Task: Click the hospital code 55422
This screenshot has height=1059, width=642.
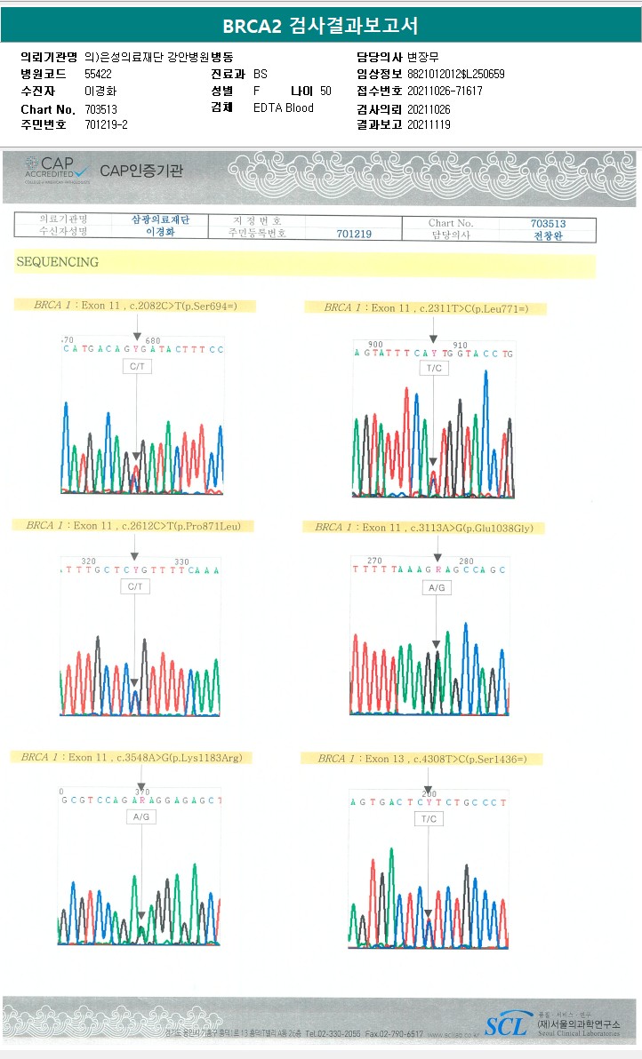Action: pyautogui.click(x=99, y=74)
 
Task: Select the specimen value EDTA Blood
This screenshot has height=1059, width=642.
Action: pyautogui.click(x=283, y=107)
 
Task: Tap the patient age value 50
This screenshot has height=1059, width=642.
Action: pyautogui.click(x=325, y=91)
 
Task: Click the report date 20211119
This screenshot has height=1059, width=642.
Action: pyautogui.click(x=429, y=124)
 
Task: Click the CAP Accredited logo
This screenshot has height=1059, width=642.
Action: pyautogui.click(x=56, y=168)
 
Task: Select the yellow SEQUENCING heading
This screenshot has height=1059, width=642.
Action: pyautogui.click(x=57, y=262)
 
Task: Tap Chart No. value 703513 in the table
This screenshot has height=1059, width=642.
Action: pyautogui.click(x=548, y=223)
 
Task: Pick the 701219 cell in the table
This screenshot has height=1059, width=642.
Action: pyautogui.click(x=354, y=235)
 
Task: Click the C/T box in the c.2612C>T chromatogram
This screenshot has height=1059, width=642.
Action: pyautogui.click(x=135, y=586)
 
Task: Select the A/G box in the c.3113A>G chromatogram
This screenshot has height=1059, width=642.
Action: pyautogui.click(x=436, y=588)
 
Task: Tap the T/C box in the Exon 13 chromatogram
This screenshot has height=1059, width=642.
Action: pyautogui.click(x=429, y=818)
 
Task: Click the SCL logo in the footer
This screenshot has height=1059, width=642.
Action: pyautogui.click(x=508, y=1025)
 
